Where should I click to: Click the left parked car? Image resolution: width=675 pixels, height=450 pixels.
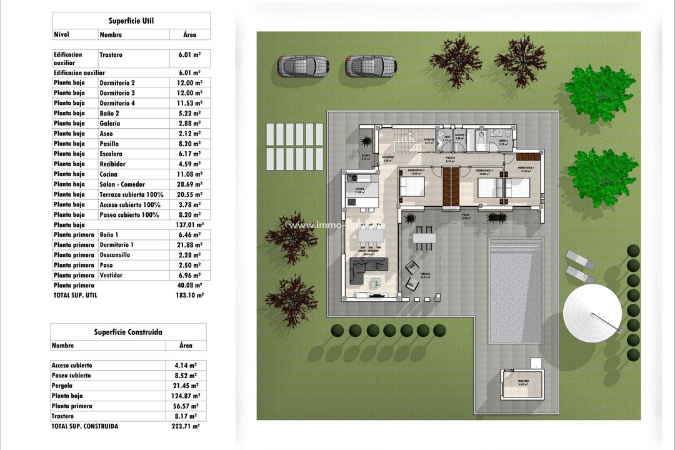(303, 66)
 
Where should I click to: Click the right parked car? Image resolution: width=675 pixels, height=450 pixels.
(371, 66)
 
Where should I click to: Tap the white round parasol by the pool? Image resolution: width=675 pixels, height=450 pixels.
(592, 313)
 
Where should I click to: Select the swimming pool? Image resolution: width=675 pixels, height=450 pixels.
(516, 290)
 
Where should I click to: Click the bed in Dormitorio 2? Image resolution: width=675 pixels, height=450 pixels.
(412, 186)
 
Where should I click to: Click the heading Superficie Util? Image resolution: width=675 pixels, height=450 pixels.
(131, 21)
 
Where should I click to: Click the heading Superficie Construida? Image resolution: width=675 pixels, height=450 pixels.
(127, 332)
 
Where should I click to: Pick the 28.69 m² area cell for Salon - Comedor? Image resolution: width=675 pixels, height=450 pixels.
(189, 184)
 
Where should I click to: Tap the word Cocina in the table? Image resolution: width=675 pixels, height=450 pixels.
(108, 174)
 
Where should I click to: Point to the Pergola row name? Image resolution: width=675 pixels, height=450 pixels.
(62, 386)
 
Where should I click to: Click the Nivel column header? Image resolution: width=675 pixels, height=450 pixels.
(61, 35)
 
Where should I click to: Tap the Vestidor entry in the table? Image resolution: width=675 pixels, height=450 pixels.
(111, 275)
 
